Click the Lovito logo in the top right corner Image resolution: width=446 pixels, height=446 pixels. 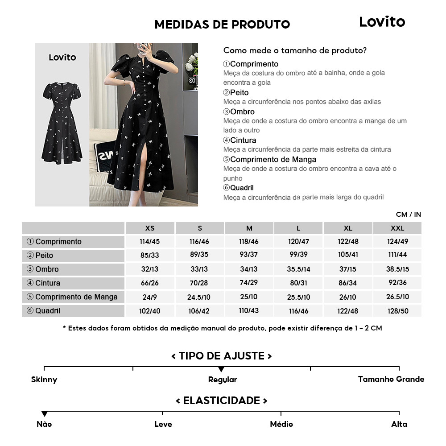pyautogui.click(x=382, y=22)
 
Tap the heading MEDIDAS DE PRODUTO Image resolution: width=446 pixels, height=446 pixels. pyautogui.click(x=222, y=25)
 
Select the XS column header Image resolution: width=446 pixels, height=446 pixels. pyautogui.click(x=150, y=228)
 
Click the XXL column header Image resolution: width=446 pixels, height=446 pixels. pyautogui.click(x=397, y=228)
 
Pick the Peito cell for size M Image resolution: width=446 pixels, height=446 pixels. pyautogui.click(x=249, y=256)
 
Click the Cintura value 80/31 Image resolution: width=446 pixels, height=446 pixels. pyautogui.click(x=298, y=283)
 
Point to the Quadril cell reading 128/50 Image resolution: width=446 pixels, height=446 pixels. pyautogui.click(x=397, y=311)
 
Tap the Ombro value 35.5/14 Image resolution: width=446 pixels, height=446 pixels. pyautogui.click(x=298, y=269)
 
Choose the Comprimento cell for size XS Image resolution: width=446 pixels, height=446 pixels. pyautogui.click(x=150, y=242)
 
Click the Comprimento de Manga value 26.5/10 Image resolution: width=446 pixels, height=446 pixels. pyautogui.click(x=397, y=297)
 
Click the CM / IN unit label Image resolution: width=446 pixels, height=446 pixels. pyautogui.click(x=408, y=215)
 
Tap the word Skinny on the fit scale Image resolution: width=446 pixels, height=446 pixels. pyautogui.click(x=44, y=380)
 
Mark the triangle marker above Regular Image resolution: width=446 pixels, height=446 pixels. pyautogui.click(x=221, y=369)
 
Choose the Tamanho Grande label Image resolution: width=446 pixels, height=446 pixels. pyautogui.click(x=391, y=380)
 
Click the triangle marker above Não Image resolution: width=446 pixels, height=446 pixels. pyautogui.click(x=44, y=414)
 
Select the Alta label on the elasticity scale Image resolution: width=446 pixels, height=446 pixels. pyautogui.click(x=399, y=424)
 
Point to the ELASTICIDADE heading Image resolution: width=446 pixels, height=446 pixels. pyautogui.click(x=222, y=401)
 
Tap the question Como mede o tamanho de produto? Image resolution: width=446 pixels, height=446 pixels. pyautogui.click(x=295, y=50)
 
